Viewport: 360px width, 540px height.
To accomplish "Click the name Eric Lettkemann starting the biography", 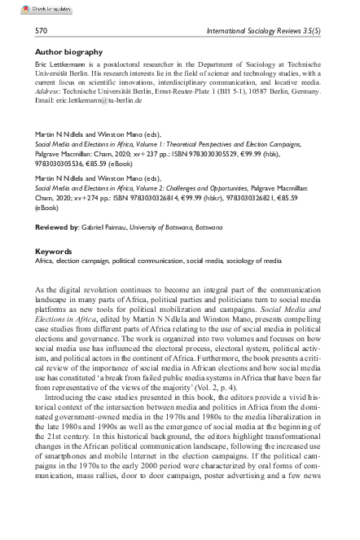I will coord(64,64).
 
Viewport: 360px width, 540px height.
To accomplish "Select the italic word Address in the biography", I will coord(50,90).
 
